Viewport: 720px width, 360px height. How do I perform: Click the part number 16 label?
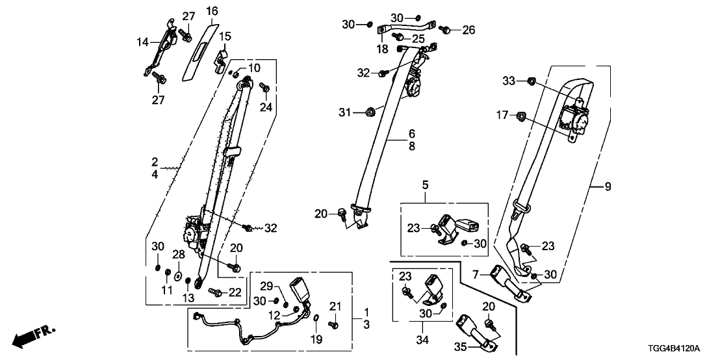click(212, 12)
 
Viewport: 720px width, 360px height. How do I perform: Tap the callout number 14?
click(142, 42)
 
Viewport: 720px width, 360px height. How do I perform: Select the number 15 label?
click(224, 35)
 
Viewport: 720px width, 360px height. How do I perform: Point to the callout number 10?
click(253, 68)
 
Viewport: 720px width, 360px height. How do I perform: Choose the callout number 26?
click(469, 29)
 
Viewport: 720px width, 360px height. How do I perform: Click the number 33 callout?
click(508, 81)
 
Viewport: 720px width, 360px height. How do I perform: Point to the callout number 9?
click(608, 188)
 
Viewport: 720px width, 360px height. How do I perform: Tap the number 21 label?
click(335, 307)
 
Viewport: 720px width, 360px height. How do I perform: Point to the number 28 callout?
click(178, 253)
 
